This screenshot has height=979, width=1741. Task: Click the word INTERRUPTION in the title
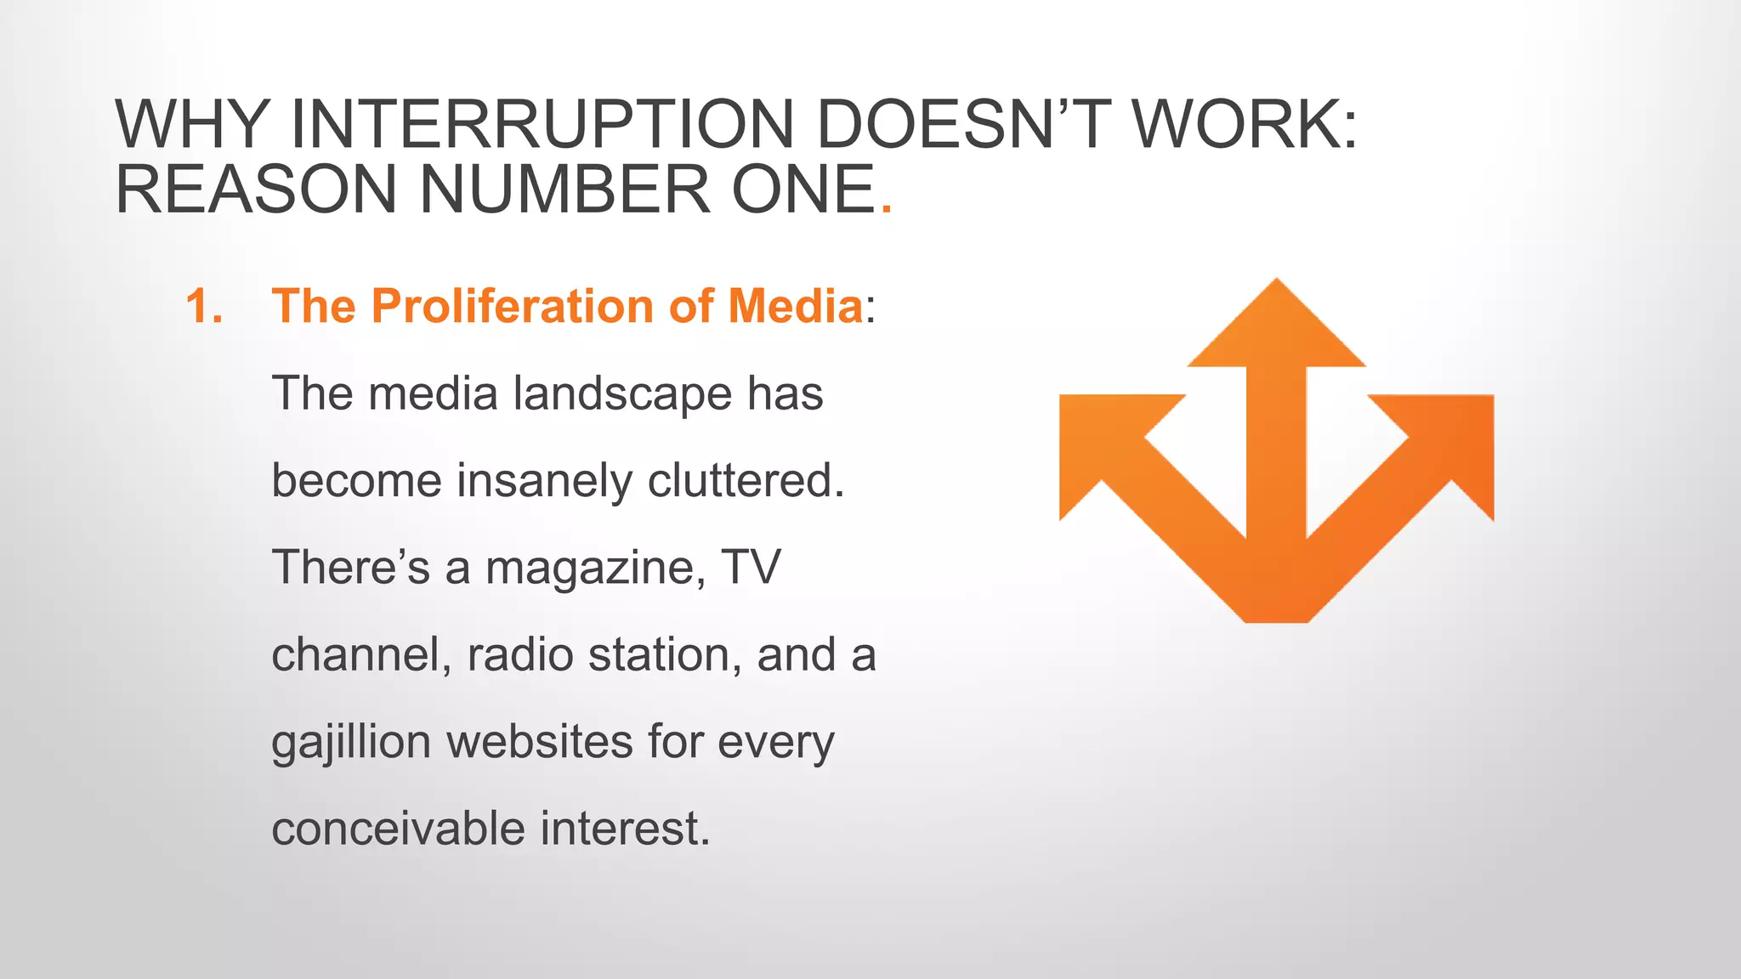click(542, 125)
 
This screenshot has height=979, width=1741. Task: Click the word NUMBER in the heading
click(564, 189)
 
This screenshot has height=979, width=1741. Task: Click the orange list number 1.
click(204, 306)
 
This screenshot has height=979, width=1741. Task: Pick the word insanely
click(544, 481)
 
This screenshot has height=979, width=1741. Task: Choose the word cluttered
click(746, 481)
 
